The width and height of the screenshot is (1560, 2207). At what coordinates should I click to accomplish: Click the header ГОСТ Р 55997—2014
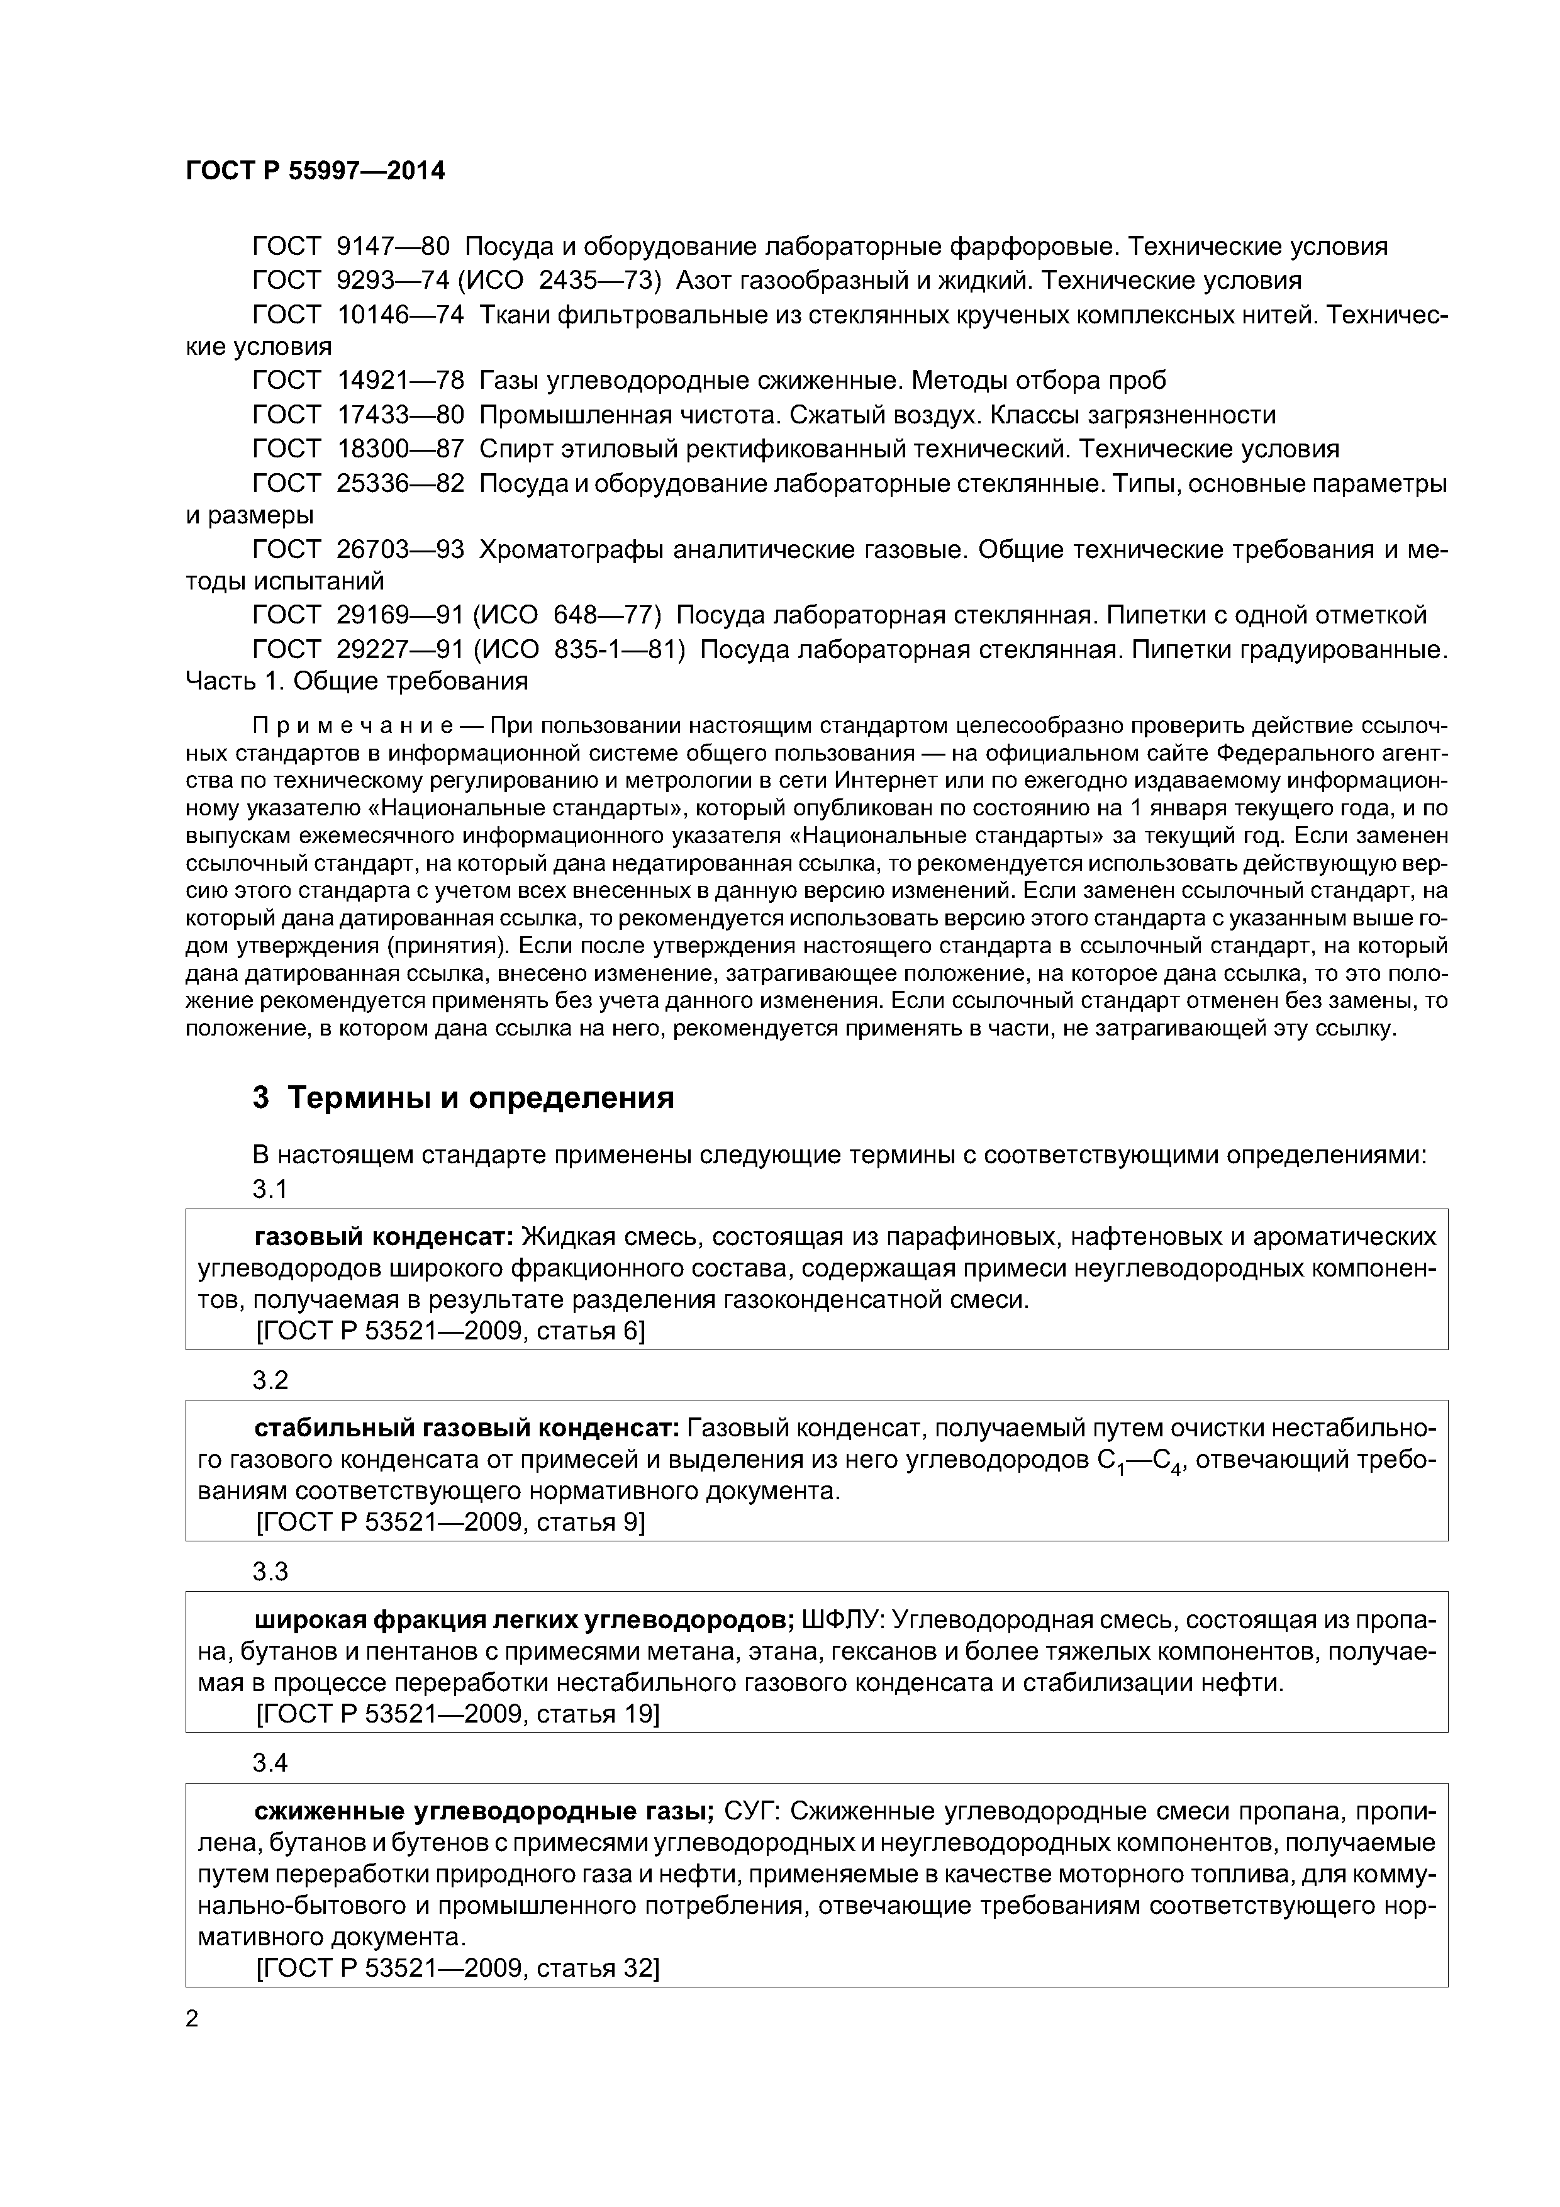[315, 171]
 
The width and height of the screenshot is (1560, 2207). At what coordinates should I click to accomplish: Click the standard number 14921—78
[400, 381]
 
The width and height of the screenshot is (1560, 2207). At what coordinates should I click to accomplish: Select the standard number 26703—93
[400, 550]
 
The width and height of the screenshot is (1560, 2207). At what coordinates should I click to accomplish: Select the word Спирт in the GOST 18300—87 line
[510, 449]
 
